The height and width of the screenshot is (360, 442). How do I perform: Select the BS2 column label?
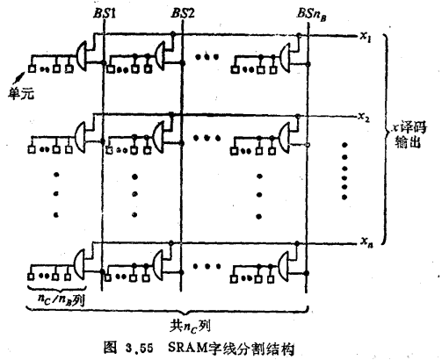tap(183, 16)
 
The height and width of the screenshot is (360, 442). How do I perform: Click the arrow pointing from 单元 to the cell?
tap(23, 76)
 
